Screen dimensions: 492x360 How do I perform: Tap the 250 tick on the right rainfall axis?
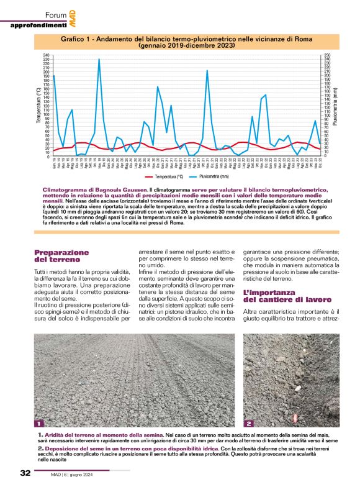[327, 56]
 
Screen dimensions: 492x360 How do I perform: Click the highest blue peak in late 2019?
[99, 60]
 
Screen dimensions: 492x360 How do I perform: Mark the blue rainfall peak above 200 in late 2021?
[207, 71]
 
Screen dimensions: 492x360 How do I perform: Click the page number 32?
[25, 473]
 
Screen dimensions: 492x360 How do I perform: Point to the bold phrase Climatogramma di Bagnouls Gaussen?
[95, 189]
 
